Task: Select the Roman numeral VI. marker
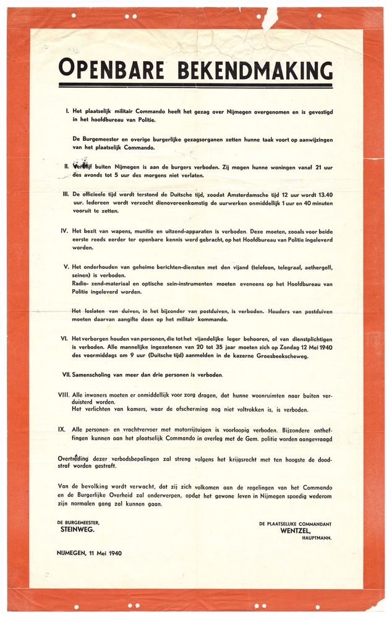(65, 339)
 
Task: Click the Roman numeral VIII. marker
(64, 393)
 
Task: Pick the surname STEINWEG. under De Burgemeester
(78, 530)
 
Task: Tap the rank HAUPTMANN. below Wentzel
(316, 538)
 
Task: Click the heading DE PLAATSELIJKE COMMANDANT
(295, 523)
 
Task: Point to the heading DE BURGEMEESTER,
(77, 523)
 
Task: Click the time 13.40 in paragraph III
(322, 194)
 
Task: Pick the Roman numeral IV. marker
(65, 230)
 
